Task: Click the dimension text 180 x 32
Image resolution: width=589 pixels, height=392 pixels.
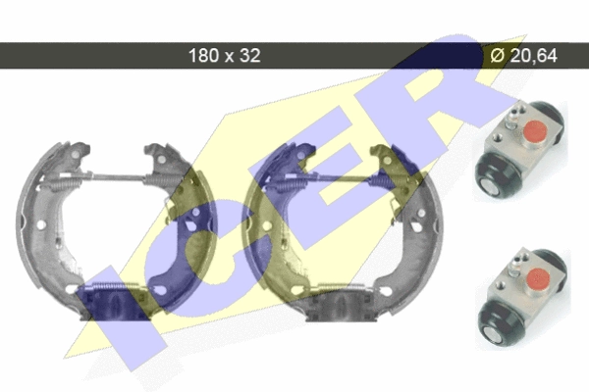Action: click(224, 56)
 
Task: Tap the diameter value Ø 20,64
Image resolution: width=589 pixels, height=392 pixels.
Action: click(523, 56)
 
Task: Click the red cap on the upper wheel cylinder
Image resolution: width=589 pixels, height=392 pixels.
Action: click(535, 130)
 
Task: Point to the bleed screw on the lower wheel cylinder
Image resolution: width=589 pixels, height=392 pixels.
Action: click(515, 264)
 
